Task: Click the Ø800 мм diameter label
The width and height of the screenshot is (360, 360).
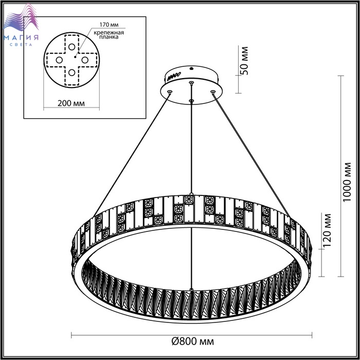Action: tap(193, 341)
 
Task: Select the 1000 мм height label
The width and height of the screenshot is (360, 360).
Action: tap(347, 182)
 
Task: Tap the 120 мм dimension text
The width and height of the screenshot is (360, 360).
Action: tap(327, 230)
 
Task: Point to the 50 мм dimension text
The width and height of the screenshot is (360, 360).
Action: tap(244, 61)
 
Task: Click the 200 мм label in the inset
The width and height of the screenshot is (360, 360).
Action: tap(71, 103)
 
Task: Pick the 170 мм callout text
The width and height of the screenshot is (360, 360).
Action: tap(109, 25)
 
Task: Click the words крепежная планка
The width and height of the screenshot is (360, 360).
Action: tap(109, 34)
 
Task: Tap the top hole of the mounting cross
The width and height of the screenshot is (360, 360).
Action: tap(71, 47)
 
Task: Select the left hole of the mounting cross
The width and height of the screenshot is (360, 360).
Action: tap(59, 60)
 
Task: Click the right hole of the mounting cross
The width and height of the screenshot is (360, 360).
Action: tap(85, 60)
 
